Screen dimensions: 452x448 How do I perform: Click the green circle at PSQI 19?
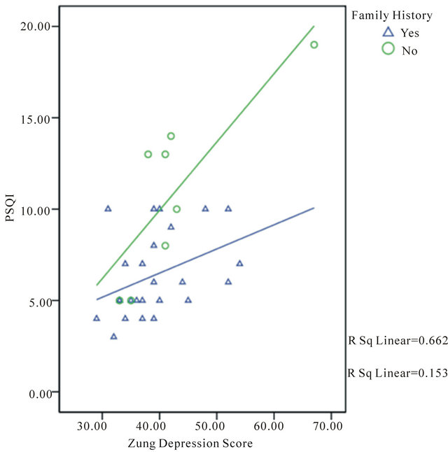point(314,45)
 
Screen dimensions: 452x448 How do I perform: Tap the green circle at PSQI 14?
point(171,136)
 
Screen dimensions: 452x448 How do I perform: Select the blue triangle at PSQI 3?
point(113,337)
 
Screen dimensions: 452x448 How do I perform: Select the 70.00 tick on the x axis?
point(330,424)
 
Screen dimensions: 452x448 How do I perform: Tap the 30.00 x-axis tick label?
point(101,424)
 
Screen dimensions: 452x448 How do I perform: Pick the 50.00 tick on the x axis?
point(216,424)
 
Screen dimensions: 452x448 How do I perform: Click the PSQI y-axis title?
point(10,209)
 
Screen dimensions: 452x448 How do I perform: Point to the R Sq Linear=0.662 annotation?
point(398,341)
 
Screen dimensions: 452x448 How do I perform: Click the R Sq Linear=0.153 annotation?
point(398,373)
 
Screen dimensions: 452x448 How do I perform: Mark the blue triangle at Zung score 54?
point(239,263)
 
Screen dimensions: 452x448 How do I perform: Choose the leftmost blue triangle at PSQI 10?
point(108,209)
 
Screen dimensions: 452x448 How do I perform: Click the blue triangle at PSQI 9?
point(171,227)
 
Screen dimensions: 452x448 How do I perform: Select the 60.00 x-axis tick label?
point(273,424)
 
